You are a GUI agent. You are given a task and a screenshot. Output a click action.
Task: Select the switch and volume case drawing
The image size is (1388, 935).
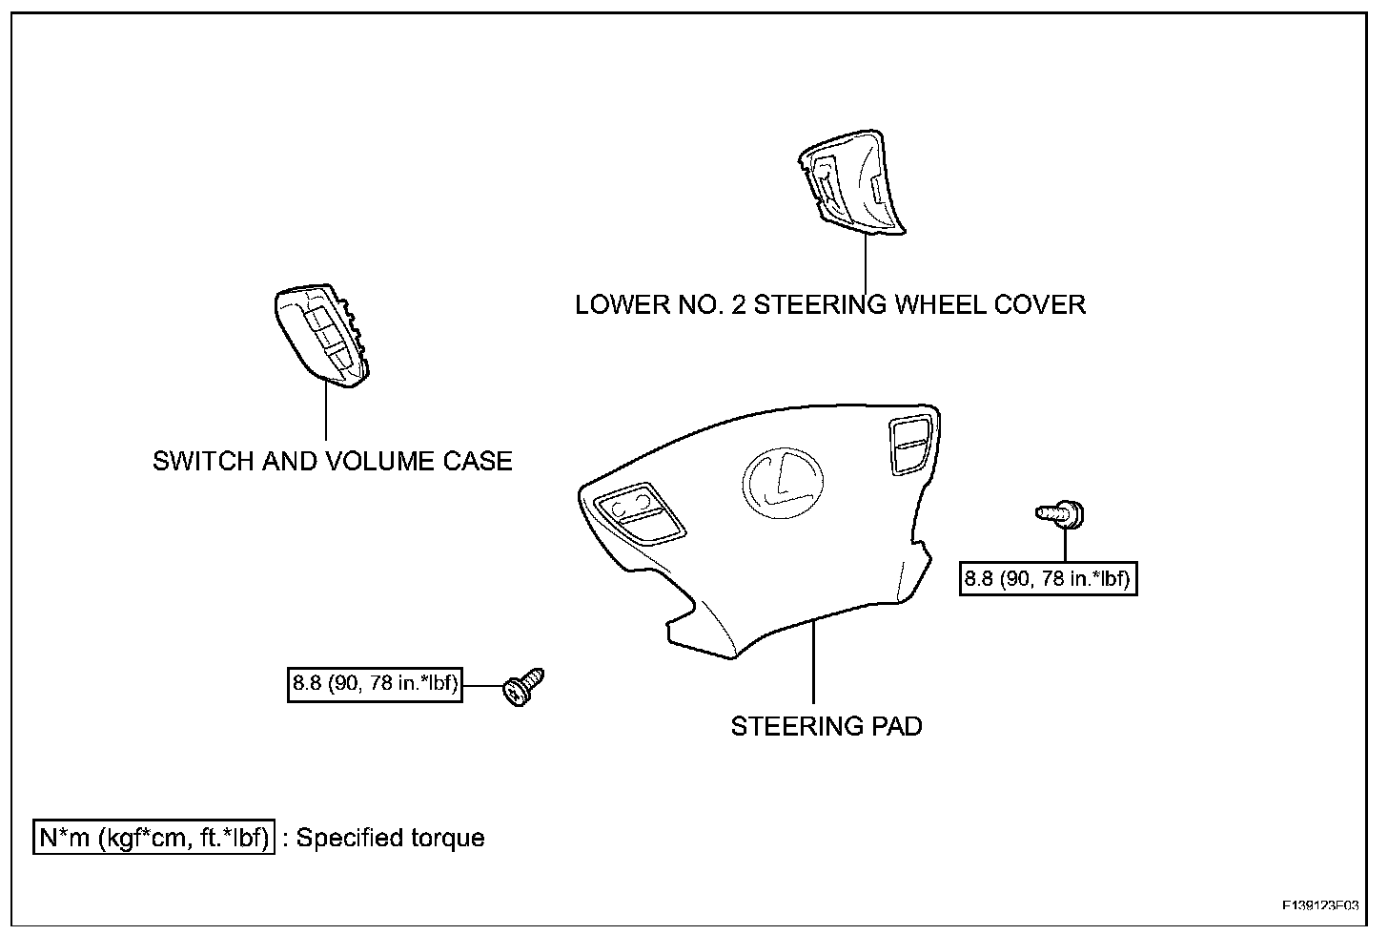coord(322,336)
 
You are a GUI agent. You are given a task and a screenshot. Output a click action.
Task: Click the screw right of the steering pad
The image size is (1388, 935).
coord(1063,514)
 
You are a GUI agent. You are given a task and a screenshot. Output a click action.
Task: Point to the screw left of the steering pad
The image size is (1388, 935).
coord(523,688)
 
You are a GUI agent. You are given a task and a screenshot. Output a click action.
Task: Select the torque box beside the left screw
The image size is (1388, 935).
coord(375,685)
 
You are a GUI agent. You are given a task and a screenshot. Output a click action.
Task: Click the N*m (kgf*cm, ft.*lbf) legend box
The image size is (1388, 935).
coord(154,838)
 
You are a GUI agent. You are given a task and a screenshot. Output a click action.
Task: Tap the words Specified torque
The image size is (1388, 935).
coord(391,839)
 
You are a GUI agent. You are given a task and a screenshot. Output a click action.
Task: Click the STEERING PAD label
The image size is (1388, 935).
coord(827,727)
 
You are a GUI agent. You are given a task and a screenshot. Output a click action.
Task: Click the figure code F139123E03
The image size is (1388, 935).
coord(1320,904)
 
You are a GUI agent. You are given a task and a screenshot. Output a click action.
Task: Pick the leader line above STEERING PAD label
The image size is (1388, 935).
coord(813,662)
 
